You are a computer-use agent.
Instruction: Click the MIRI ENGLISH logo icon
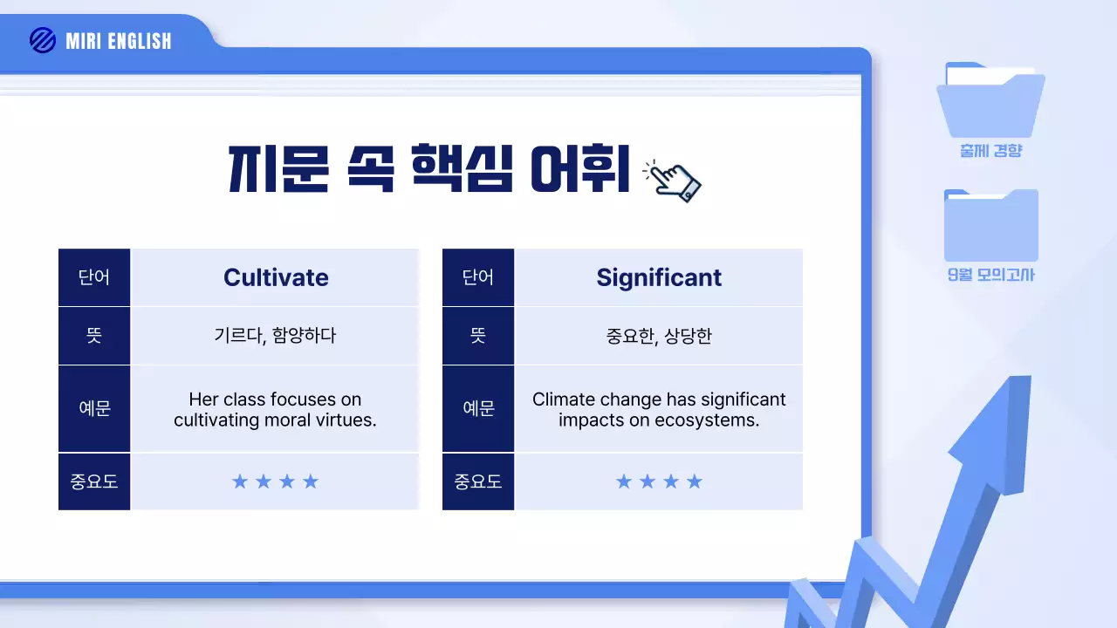[x=42, y=40]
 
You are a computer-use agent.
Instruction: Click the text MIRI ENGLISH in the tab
[x=119, y=41]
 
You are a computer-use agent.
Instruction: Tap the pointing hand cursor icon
[x=673, y=181]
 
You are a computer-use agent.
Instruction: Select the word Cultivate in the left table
[x=276, y=277]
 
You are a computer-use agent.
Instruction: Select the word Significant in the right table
[x=659, y=277]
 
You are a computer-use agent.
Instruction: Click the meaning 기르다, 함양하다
[x=275, y=336]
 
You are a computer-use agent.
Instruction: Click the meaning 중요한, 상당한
[x=659, y=336]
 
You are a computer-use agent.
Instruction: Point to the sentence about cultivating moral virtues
[x=275, y=410]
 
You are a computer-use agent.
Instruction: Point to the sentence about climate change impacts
[x=659, y=410]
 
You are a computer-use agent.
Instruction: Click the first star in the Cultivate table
[x=240, y=481]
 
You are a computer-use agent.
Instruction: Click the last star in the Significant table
[x=695, y=481]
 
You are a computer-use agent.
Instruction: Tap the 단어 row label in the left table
[x=94, y=277]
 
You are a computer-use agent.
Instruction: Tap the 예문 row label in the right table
[x=478, y=408]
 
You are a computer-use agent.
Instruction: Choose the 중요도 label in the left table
[x=94, y=481]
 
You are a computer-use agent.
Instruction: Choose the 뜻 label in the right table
[x=478, y=336]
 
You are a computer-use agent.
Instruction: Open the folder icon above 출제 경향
[x=990, y=100]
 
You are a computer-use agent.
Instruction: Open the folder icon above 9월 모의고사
[x=990, y=225]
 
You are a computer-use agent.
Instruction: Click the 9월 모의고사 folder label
[x=990, y=276]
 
